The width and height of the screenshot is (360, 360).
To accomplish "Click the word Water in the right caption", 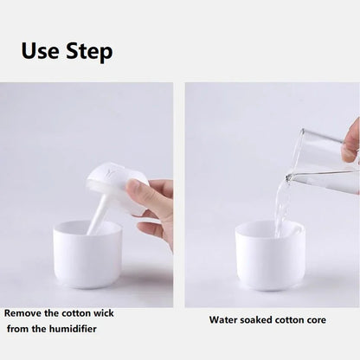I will pos(224,320).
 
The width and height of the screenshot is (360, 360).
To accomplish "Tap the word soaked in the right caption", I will pos(259,320).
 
